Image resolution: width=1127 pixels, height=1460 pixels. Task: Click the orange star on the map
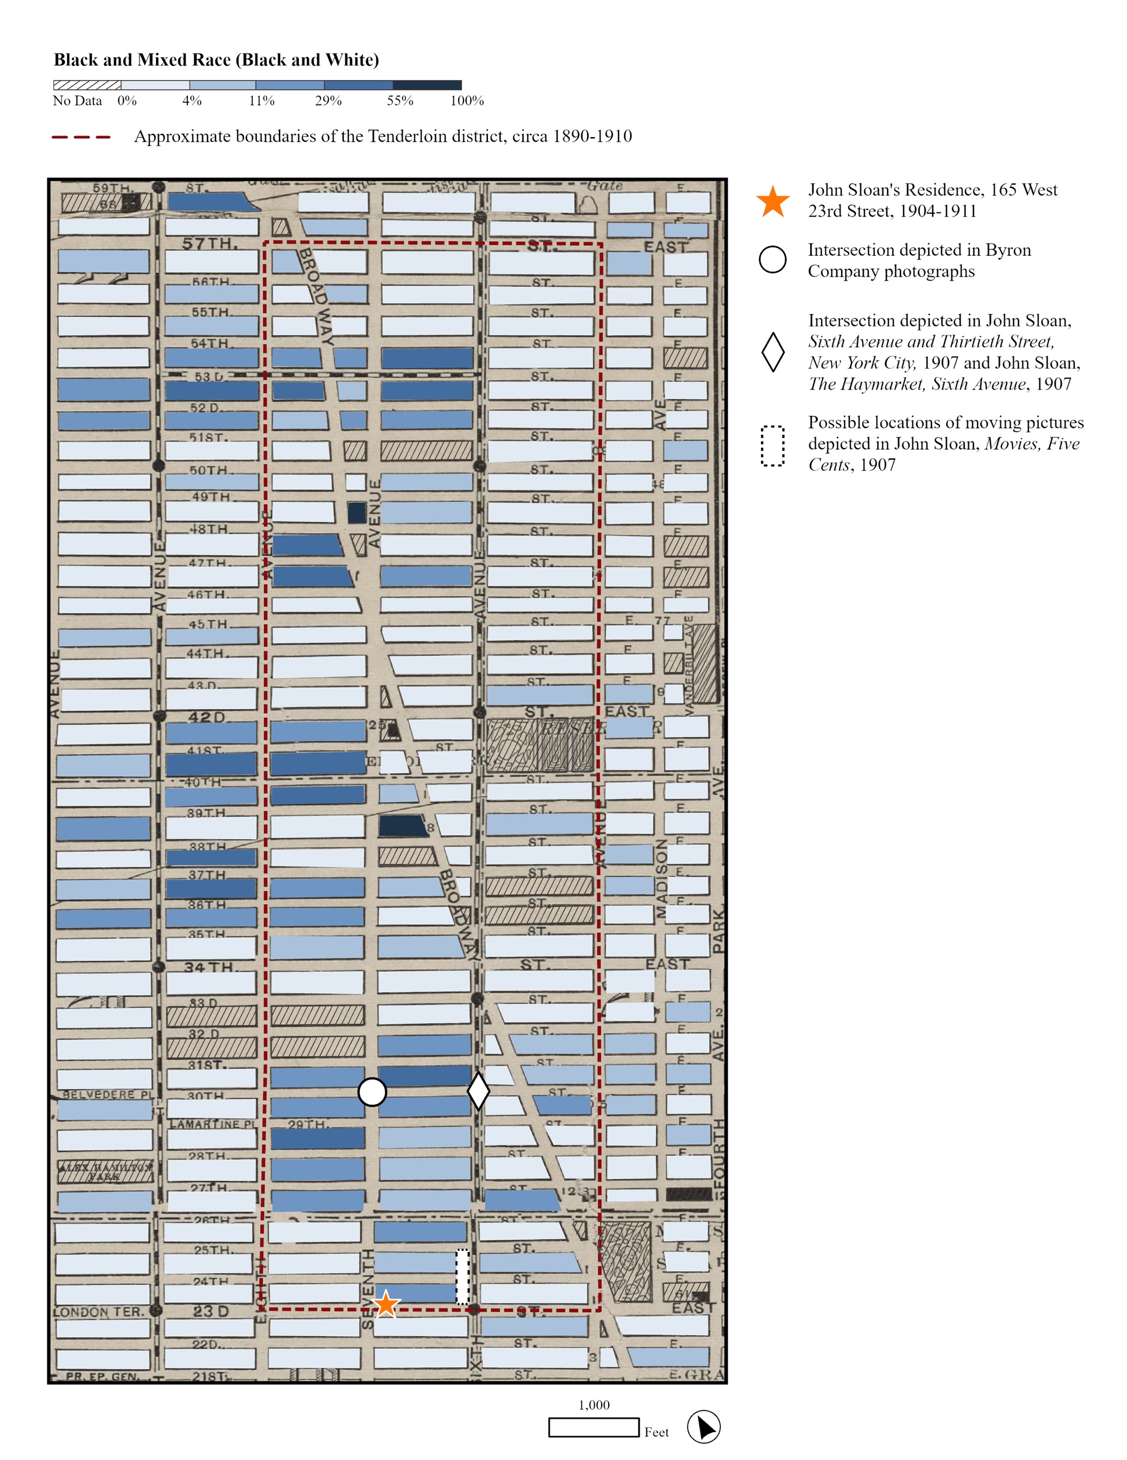tap(385, 1303)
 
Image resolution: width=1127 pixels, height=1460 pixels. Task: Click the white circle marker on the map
tap(372, 1091)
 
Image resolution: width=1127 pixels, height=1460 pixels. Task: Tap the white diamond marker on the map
tap(479, 1091)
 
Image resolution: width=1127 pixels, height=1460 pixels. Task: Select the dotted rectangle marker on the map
tap(462, 1276)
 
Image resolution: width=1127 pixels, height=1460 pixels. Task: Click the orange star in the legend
tap(773, 201)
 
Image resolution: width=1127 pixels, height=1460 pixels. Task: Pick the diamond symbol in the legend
tap(773, 352)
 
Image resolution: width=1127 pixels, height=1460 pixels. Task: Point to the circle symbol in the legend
tap(772, 259)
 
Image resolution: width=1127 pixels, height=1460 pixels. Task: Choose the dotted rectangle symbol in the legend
tap(773, 446)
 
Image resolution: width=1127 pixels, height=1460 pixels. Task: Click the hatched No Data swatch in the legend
tap(87, 85)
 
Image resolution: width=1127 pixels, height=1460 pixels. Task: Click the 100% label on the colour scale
tap(466, 101)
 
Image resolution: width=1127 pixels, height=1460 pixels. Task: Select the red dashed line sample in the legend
tap(81, 137)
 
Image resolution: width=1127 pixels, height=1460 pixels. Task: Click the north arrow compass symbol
tap(703, 1427)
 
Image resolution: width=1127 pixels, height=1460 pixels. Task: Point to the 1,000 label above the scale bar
tap(594, 1405)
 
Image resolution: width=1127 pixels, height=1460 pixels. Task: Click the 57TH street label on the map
tap(210, 244)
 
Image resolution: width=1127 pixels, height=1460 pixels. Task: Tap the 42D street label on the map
tap(207, 717)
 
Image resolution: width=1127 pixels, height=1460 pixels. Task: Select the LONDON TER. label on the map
tap(99, 1312)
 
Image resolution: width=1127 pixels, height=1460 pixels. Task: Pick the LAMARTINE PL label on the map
tap(212, 1124)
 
